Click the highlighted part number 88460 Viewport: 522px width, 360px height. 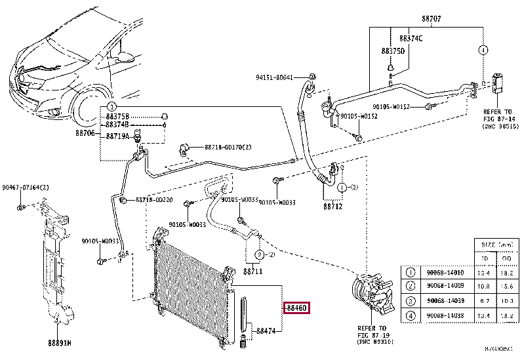point(297,307)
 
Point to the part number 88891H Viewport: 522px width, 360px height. point(60,342)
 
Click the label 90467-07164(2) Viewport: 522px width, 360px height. point(26,188)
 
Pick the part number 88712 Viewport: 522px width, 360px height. point(332,206)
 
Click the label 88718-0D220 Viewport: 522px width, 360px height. point(154,199)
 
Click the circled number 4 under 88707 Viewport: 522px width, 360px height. point(483,50)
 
